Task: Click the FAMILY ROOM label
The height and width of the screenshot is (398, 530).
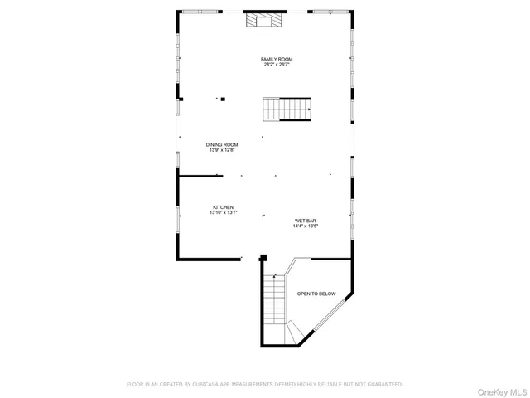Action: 277,59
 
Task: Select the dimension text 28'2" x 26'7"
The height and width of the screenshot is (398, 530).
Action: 277,65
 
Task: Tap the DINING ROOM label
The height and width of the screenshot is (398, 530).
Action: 222,144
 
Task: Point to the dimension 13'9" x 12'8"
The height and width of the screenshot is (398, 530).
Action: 222,150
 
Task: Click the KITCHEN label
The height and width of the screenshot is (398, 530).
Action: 223,207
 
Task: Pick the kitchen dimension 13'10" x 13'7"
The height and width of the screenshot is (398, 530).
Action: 223,213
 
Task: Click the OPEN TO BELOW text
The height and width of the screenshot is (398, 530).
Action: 316,294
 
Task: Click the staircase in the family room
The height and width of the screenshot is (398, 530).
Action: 287,109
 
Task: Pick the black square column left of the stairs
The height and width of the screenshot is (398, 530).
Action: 224,99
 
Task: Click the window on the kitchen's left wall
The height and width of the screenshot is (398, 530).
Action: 177,216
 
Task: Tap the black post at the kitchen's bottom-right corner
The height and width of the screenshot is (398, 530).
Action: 263,258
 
